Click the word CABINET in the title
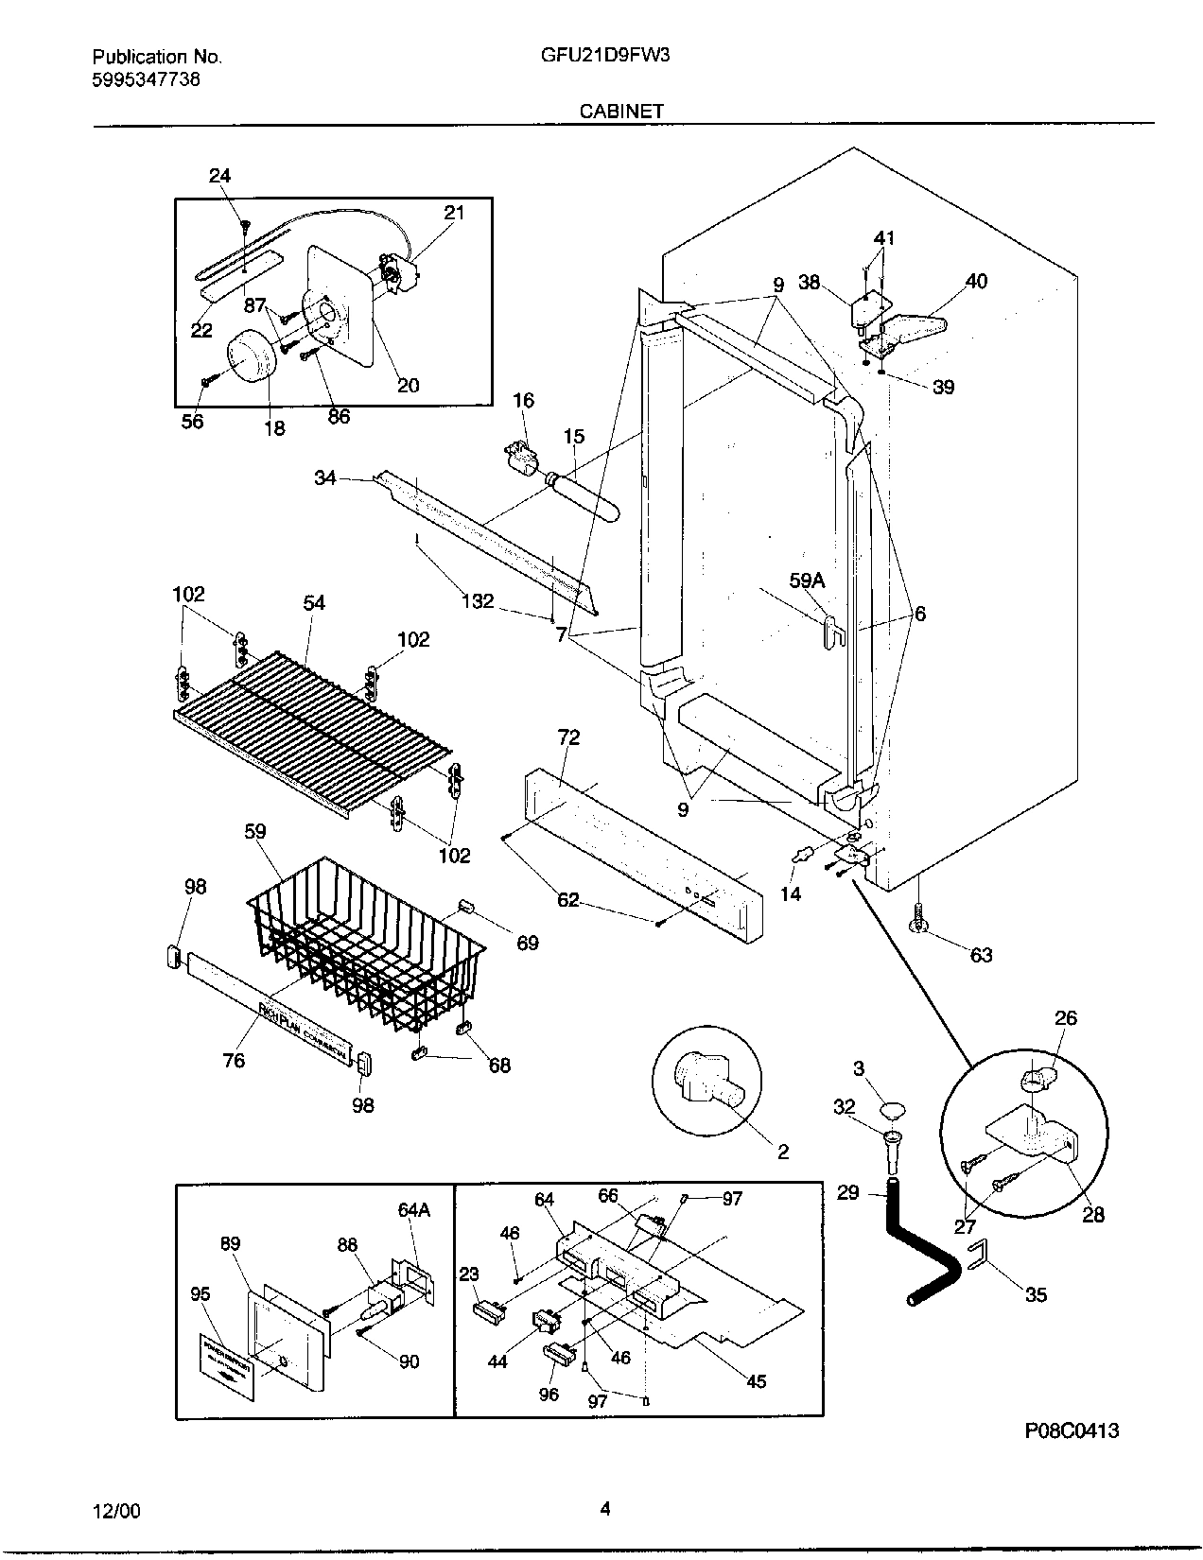[621, 111]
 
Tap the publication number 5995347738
[146, 79]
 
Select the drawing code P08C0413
[1072, 1430]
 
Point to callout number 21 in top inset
[455, 213]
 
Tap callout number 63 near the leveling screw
[982, 955]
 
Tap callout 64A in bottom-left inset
[414, 1208]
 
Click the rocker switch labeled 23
[487, 1309]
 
